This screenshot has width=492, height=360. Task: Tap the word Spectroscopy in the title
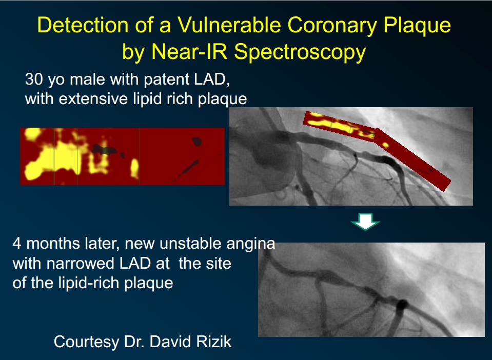300,52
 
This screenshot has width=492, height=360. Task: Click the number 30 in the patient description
34,79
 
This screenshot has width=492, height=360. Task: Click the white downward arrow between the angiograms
365,222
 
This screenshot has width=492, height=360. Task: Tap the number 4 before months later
17,244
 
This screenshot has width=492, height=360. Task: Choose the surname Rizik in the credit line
213,342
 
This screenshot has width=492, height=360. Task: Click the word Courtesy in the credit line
87,342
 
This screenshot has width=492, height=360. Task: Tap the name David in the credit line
169,342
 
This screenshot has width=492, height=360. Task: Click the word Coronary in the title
332,25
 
